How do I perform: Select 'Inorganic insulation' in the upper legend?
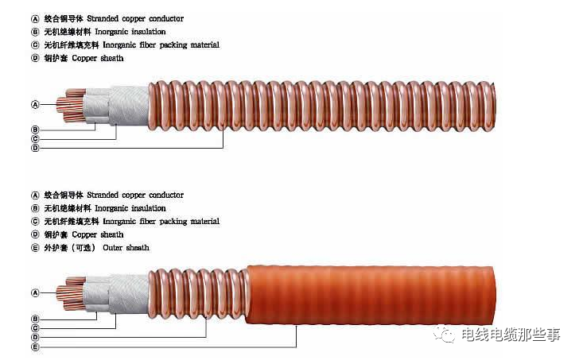(130, 32)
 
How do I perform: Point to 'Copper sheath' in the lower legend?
(98, 234)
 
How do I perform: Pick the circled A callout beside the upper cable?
(34, 104)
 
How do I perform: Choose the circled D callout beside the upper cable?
(34, 148)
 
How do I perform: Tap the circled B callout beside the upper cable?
(34, 129)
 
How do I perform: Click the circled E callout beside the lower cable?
(34, 347)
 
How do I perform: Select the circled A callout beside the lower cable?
(34, 292)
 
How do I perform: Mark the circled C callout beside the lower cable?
(34, 327)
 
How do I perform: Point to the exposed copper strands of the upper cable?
(68, 108)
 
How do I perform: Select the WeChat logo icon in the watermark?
(448, 335)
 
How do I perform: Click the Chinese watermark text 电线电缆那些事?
(510, 335)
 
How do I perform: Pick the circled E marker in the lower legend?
(34, 248)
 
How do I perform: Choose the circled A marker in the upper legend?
(34, 18)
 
